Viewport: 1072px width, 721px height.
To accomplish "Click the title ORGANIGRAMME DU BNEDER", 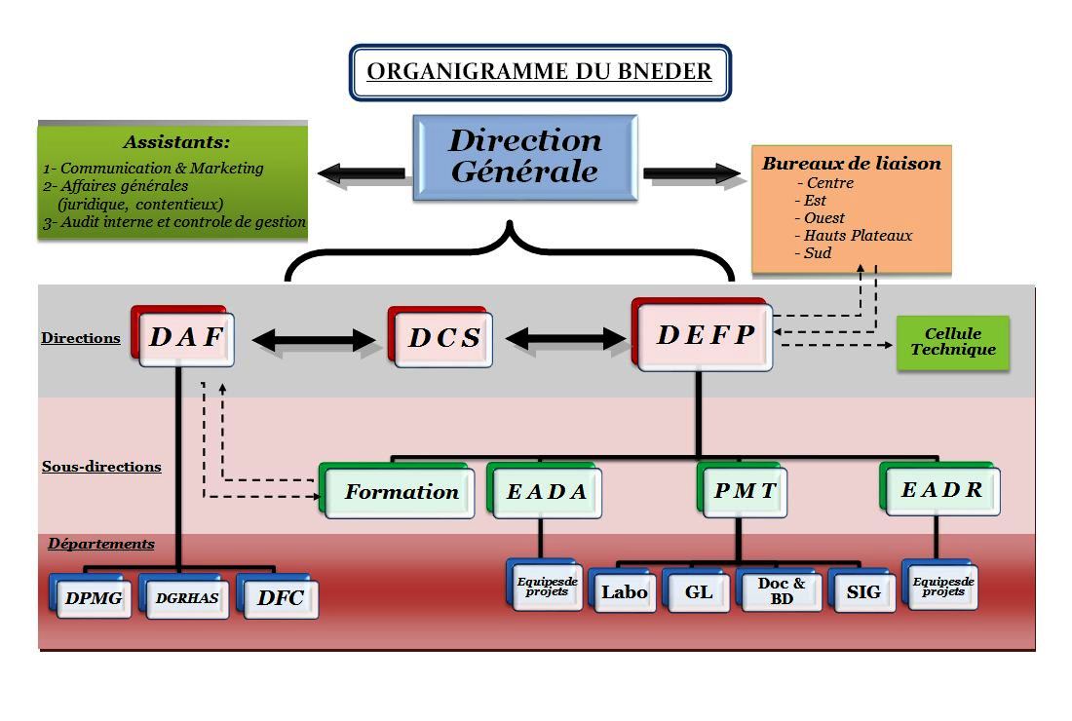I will [539, 72].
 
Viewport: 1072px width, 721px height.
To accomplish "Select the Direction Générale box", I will [525, 157].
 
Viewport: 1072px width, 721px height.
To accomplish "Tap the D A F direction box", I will [186, 337].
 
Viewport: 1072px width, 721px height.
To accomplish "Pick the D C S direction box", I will [443, 338].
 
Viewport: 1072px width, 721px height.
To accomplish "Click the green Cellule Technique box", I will [952, 342].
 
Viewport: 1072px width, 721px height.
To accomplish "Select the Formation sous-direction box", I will [401, 492].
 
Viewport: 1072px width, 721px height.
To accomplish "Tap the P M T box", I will [745, 490].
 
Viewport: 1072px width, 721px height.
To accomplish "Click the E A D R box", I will [942, 490].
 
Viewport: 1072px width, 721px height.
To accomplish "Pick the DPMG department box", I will [94, 598].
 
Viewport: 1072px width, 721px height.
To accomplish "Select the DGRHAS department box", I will [187, 598].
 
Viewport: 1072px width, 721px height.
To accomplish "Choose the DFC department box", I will [280, 598].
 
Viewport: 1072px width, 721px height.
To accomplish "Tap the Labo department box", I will [624, 591].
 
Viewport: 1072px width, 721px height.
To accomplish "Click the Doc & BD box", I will [782, 591].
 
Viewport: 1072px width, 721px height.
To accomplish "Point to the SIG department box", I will [863, 591].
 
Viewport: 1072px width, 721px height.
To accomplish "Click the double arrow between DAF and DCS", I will [313, 340].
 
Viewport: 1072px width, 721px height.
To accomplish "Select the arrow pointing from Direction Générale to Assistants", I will [361, 173].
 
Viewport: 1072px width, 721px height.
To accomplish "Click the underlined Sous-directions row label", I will [101, 467].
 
